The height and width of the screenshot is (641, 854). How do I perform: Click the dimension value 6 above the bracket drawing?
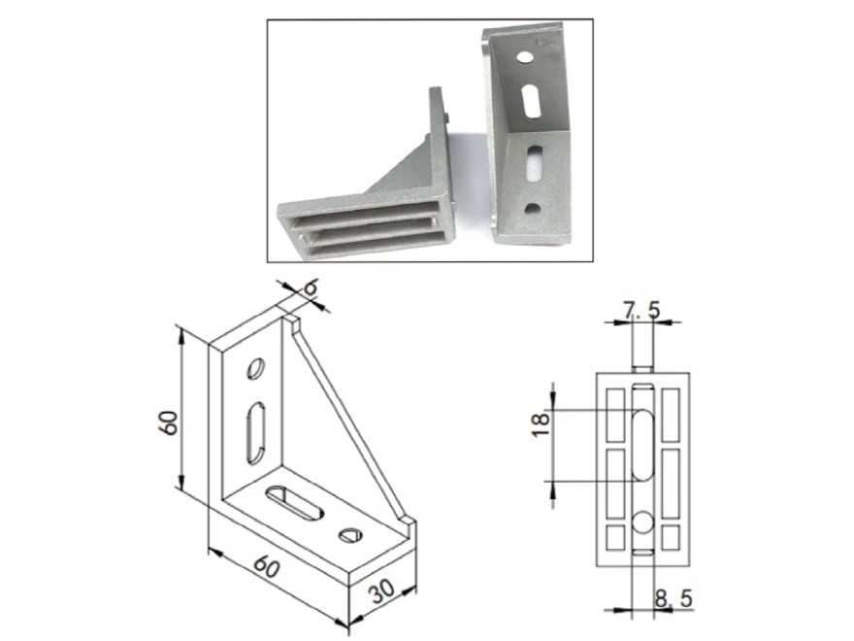(310, 287)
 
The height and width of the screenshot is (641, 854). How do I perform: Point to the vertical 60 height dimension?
(170, 422)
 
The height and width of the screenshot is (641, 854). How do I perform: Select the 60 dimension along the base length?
(266, 567)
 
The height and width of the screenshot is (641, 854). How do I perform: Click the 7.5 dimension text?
(641, 311)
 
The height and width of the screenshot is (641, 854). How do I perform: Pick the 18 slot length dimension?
(541, 424)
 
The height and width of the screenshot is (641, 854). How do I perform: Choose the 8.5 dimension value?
(673, 599)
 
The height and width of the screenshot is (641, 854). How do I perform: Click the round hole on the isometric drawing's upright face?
(255, 368)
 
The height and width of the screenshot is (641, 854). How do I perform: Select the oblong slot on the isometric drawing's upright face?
(255, 433)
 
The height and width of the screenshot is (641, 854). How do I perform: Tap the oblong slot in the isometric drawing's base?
(294, 502)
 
